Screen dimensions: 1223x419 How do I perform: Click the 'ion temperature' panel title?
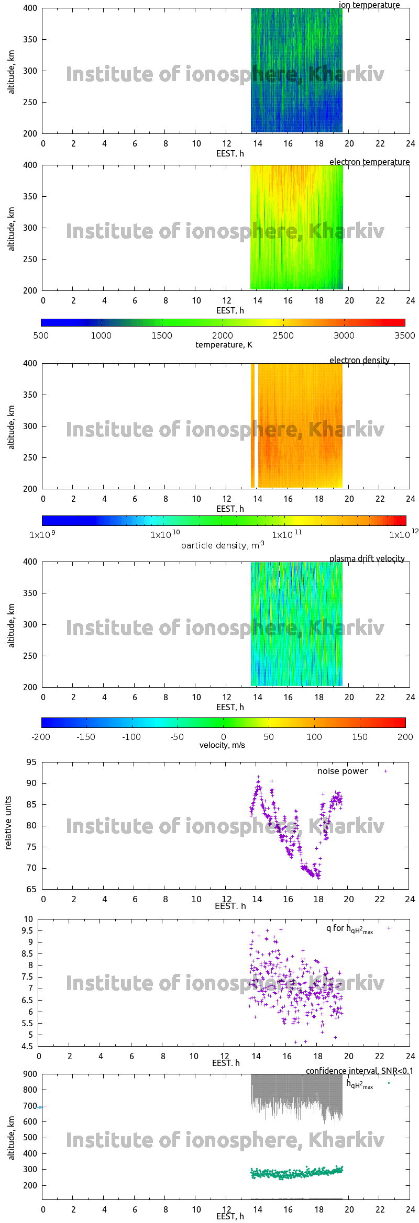click(x=369, y=5)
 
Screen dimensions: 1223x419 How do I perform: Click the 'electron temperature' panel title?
click(x=369, y=162)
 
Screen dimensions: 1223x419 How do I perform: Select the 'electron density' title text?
click(x=359, y=360)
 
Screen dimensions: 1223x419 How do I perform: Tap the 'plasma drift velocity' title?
click(x=367, y=558)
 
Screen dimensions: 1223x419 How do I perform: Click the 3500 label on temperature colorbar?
click(x=404, y=335)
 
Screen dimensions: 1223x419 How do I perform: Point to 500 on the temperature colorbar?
click(x=41, y=335)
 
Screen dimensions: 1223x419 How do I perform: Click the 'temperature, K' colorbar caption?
click(x=224, y=344)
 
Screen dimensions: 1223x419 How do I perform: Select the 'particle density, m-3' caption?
click(x=222, y=545)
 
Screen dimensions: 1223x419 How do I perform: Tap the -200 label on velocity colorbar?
click(x=41, y=737)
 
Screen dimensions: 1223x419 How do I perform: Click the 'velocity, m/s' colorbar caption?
click(x=222, y=745)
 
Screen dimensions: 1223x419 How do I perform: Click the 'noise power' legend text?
click(x=343, y=771)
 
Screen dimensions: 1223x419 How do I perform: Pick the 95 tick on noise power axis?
click(x=31, y=762)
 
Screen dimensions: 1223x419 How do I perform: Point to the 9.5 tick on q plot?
click(x=27, y=930)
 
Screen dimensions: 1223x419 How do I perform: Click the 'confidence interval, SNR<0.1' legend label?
click(x=359, y=1071)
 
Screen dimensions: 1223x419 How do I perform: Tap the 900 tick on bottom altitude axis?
click(x=30, y=1074)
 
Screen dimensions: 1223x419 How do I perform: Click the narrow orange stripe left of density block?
click(x=252, y=425)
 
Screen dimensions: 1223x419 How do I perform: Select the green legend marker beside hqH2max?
click(x=389, y=1083)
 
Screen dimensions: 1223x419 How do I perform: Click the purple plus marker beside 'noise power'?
click(x=385, y=771)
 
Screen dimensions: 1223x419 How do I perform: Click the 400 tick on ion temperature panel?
click(x=30, y=8)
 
